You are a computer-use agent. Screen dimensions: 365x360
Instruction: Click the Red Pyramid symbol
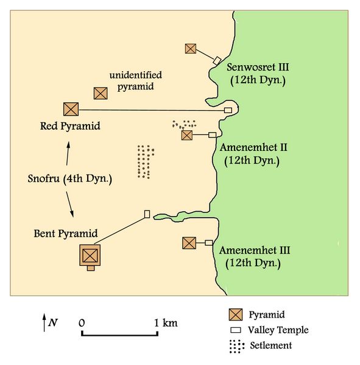(x=71, y=109)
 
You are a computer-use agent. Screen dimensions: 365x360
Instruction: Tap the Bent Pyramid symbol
(x=90, y=254)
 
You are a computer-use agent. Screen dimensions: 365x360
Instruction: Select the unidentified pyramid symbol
(x=101, y=93)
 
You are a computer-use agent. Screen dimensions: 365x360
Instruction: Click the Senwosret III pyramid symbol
(x=191, y=48)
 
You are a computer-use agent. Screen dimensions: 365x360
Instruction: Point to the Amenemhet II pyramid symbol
(x=187, y=135)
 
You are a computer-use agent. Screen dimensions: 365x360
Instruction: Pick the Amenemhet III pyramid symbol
(x=189, y=243)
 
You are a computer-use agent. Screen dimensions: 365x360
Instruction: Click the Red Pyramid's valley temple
(x=228, y=110)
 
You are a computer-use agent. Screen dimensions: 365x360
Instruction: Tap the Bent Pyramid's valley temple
(x=147, y=214)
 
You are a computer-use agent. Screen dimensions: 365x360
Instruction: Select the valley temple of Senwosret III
(x=216, y=60)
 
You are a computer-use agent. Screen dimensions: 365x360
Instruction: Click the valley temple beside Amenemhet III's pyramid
(x=208, y=243)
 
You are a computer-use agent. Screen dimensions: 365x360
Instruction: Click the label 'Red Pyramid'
(x=69, y=127)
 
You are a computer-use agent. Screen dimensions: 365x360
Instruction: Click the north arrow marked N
(x=44, y=322)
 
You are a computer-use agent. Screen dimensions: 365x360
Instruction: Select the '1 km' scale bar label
(x=166, y=322)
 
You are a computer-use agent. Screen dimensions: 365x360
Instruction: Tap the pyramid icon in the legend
(x=236, y=315)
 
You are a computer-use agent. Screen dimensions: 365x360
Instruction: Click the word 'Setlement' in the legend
(x=271, y=346)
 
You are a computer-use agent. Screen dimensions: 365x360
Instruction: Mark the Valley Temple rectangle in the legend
(x=235, y=330)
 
